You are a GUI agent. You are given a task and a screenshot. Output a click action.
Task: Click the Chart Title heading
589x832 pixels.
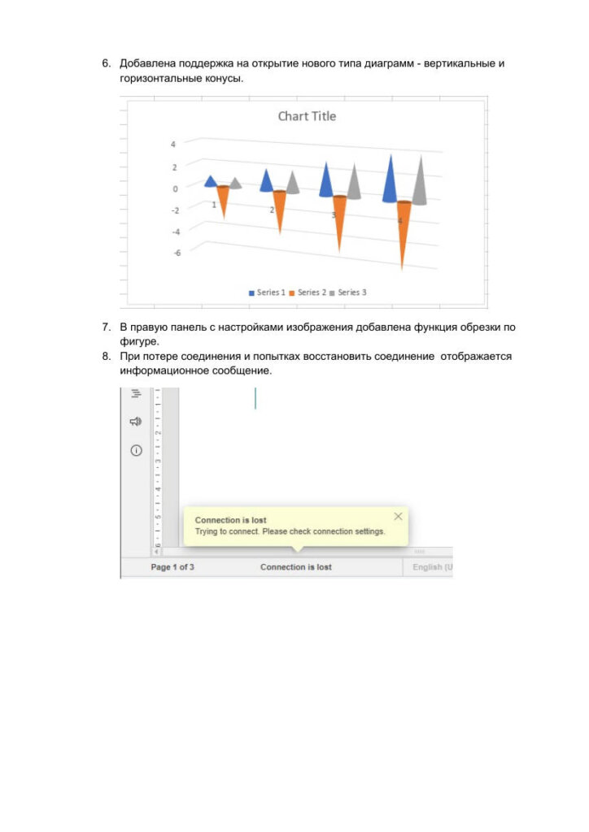click(x=307, y=116)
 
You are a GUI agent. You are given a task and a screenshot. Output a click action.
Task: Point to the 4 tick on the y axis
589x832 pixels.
click(x=172, y=145)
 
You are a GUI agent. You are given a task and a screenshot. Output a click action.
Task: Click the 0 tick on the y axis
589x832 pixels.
click(x=175, y=188)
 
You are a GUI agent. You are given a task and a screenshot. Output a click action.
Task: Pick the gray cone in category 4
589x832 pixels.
click(x=420, y=183)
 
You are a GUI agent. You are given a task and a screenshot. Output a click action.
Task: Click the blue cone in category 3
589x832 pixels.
click(x=326, y=182)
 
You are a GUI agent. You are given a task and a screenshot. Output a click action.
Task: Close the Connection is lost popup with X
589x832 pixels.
click(x=398, y=516)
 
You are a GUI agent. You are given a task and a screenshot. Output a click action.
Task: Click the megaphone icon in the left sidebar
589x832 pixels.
click(x=136, y=422)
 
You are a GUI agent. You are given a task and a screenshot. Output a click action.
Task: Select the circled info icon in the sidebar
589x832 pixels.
click(x=136, y=450)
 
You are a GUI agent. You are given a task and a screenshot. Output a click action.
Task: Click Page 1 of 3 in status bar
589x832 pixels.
click(x=172, y=567)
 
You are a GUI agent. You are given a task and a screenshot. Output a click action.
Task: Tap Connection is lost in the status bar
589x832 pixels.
click(x=296, y=567)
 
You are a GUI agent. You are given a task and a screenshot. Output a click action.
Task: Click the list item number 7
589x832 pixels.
click(x=106, y=327)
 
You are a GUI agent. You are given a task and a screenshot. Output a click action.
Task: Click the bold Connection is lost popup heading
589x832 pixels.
click(x=230, y=520)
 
